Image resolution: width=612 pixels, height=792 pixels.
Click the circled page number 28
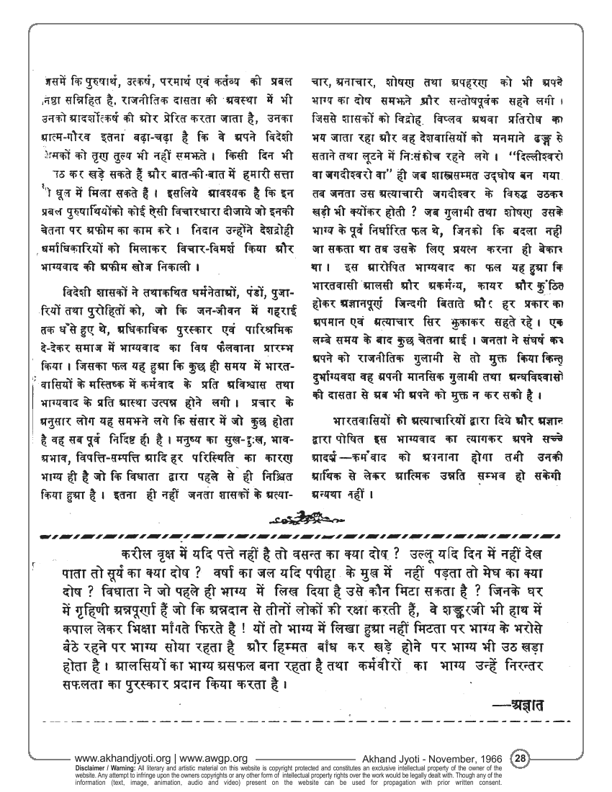[x=521, y=757]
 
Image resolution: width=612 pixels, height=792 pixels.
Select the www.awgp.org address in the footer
[x=214, y=758]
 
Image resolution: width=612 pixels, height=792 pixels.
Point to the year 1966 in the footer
[x=492, y=758]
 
